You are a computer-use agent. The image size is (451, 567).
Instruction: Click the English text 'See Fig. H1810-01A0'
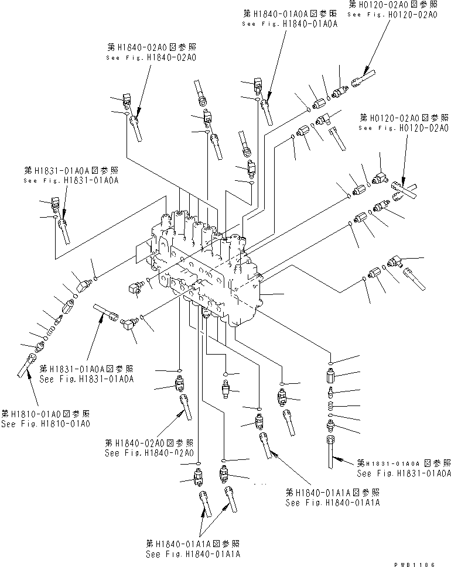click(x=45, y=424)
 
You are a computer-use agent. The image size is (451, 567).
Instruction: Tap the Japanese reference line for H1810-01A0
click(x=45, y=413)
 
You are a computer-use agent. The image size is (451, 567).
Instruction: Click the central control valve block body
click(x=205, y=263)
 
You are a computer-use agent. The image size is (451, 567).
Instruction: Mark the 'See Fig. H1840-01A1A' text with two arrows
click(x=194, y=554)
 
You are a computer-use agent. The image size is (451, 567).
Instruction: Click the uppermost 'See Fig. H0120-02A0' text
click(x=392, y=15)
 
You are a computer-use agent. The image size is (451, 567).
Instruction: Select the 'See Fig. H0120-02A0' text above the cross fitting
click(x=404, y=127)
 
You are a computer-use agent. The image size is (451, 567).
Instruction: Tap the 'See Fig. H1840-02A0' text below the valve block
click(x=149, y=452)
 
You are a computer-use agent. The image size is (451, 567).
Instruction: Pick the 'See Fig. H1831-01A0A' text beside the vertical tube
click(x=404, y=472)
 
